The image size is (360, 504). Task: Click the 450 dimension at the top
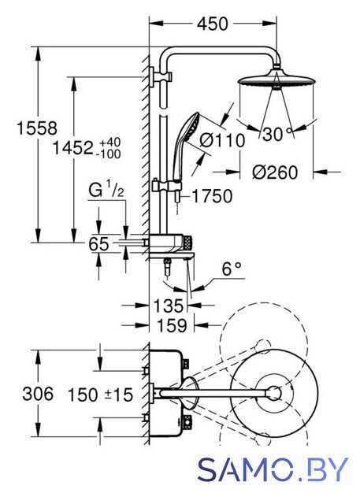(213, 24)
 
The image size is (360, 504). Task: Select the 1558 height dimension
(37, 128)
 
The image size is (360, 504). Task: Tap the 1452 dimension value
(72, 148)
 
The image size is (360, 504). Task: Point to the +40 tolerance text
(110, 142)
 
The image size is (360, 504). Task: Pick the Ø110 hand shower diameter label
(222, 140)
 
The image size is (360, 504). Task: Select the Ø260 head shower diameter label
(275, 172)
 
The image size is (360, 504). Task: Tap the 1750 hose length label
(212, 196)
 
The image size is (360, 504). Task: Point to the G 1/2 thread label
(106, 190)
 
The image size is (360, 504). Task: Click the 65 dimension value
(98, 244)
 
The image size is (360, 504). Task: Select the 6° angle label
(232, 269)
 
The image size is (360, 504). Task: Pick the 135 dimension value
(169, 306)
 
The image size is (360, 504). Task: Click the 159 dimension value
(172, 325)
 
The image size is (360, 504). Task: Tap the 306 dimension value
(38, 394)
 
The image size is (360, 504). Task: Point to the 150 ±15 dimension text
(100, 395)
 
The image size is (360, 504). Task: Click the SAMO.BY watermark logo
(273, 469)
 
